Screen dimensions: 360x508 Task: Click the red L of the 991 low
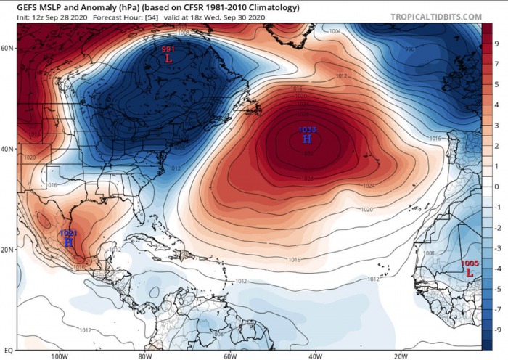tap(168, 58)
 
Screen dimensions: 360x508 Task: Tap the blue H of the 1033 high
tap(306, 139)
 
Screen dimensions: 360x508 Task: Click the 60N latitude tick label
tap(8, 48)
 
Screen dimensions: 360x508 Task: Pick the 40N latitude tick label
tap(8, 149)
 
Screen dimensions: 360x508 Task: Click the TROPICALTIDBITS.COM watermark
tap(435, 17)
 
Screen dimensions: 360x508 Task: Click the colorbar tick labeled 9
tap(497, 43)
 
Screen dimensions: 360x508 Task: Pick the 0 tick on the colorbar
tap(497, 187)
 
